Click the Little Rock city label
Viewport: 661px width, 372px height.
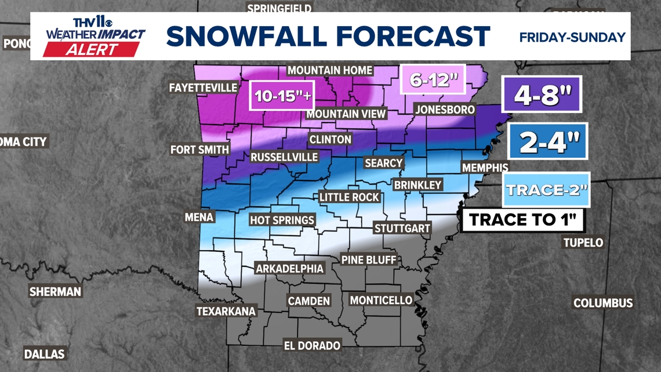point(350,197)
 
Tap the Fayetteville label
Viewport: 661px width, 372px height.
point(203,88)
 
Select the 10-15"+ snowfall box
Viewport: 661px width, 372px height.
point(284,96)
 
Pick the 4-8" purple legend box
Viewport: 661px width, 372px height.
point(542,95)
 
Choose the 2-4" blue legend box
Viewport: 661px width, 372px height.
point(547,142)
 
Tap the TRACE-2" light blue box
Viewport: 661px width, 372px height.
point(547,190)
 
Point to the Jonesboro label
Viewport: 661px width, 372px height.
point(445,109)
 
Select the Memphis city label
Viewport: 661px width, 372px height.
point(485,168)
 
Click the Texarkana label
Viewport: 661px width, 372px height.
point(226,311)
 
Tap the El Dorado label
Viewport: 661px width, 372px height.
point(312,345)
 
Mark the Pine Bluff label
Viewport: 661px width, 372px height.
point(369,259)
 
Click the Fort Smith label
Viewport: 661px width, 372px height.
point(199,150)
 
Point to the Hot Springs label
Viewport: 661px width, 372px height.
point(282,220)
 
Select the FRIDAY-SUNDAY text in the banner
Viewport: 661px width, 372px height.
point(572,37)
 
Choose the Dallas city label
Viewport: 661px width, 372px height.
point(45,353)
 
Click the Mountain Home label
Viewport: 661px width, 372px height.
point(330,70)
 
